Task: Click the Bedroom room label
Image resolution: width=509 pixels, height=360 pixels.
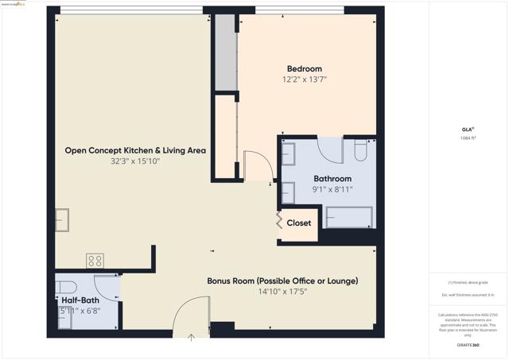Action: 304,68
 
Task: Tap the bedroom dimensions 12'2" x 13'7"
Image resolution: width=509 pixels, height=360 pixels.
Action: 304,79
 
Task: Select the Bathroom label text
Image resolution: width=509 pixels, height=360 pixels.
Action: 332,179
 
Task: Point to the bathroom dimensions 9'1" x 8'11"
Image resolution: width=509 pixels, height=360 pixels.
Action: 332,190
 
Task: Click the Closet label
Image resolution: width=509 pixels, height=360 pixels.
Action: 299,223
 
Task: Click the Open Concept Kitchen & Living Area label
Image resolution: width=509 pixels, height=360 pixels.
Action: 135,150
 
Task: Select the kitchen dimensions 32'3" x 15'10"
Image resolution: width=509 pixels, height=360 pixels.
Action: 135,161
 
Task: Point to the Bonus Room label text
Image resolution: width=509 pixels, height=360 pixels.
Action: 282,281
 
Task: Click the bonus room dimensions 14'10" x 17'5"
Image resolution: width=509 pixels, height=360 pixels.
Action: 282,292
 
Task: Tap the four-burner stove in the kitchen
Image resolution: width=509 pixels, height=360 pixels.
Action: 95,261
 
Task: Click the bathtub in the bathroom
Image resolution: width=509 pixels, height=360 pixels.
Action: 348,218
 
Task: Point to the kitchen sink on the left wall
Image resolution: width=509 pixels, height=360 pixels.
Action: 61,219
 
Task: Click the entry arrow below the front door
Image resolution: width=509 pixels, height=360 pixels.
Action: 191,338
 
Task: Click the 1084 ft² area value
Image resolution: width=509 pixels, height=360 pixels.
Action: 468,138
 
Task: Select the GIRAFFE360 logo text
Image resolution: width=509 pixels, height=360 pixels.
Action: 469,345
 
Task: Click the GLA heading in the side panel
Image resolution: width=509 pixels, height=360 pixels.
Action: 468,129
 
